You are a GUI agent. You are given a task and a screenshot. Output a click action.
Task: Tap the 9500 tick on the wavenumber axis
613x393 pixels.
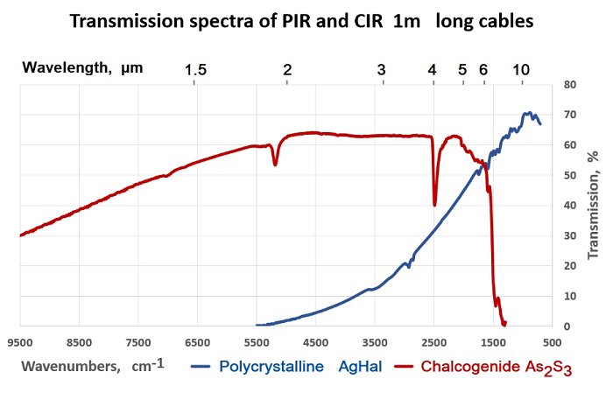point(19,342)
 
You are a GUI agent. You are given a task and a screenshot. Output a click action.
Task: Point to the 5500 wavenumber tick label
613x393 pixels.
point(256,342)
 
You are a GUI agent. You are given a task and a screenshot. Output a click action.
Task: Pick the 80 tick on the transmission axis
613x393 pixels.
point(569,85)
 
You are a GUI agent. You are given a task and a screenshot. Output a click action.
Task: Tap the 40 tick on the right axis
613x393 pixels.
point(569,206)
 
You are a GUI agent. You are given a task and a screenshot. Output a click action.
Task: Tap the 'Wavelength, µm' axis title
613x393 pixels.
point(82,67)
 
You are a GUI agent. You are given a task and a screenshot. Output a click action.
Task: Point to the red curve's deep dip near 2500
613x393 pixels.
point(435,204)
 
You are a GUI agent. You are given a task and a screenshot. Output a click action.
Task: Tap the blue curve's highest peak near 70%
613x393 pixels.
point(528,113)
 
